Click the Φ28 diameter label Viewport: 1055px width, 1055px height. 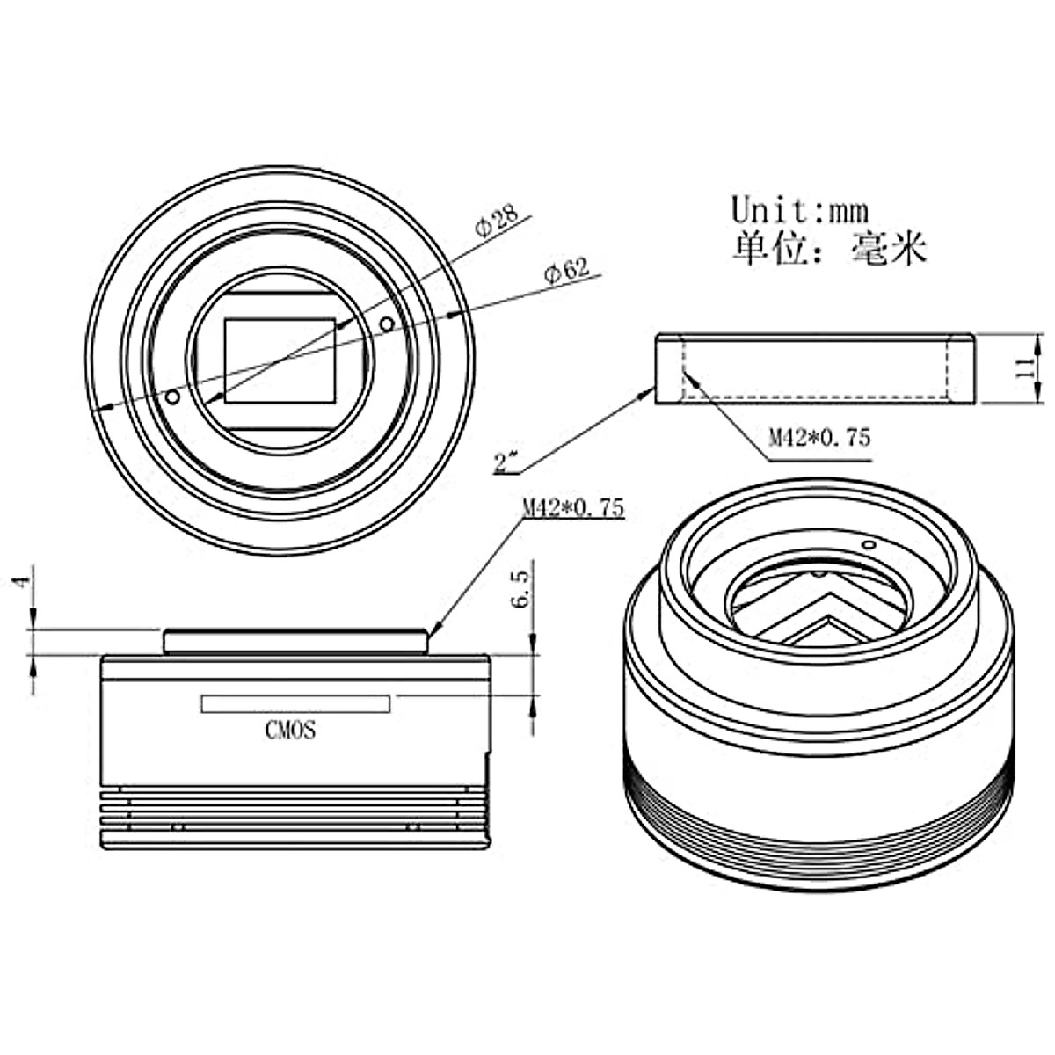497,220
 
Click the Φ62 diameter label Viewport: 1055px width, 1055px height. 567,271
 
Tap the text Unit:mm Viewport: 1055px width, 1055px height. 800,210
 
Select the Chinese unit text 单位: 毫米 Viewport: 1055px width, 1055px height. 829,249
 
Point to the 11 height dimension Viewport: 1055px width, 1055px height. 1023,367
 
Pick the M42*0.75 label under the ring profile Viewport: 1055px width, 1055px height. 819,438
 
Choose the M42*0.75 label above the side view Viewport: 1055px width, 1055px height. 573,509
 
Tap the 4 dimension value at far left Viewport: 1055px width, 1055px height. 23,583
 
